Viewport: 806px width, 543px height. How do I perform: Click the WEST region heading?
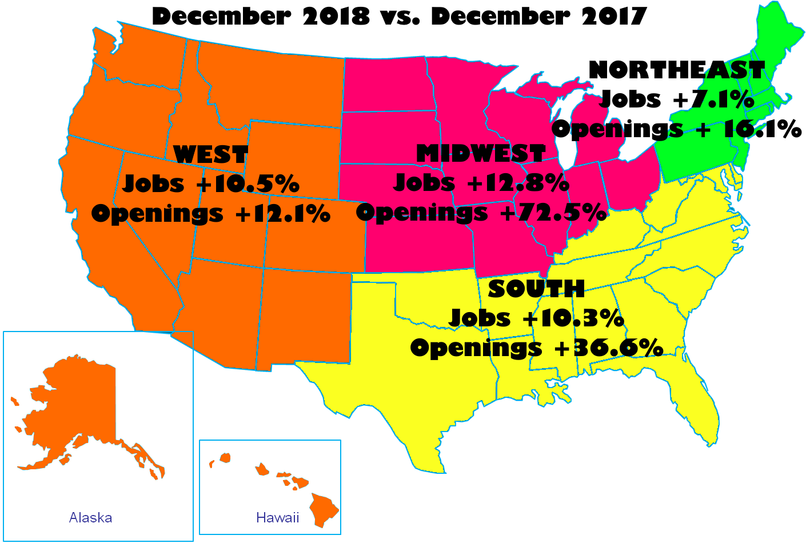click(210, 155)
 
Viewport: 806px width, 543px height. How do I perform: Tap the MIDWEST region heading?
click(481, 154)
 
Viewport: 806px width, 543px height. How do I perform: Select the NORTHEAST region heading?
click(676, 70)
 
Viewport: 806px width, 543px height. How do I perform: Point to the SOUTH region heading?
click(536, 289)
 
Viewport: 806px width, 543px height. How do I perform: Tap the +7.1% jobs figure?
click(713, 99)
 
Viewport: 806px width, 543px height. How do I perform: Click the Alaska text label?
click(90, 518)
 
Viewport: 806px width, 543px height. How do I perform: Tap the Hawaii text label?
click(277, 518)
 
